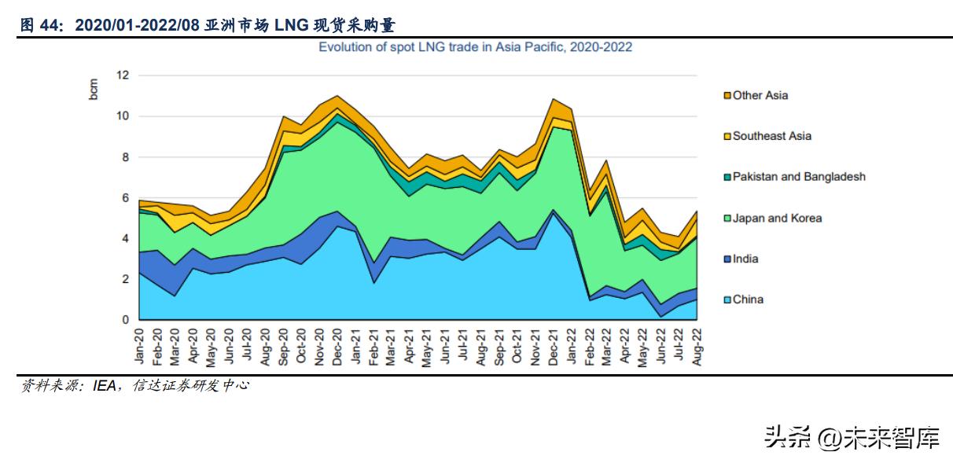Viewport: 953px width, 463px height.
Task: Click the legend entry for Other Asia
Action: tap(760, 95)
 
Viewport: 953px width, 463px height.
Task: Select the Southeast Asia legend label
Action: tap(771, 136)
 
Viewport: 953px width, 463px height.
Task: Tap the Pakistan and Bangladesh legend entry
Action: tap(798, 177)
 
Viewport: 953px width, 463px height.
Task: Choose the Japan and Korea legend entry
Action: tap(776, 218)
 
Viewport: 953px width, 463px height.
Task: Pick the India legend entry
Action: tap(747, 259)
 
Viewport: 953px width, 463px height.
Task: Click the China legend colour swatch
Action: tap(727, 299)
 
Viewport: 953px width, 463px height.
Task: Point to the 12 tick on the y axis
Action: tap(122, 75)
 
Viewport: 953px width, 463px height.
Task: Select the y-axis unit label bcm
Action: tap(94, 89)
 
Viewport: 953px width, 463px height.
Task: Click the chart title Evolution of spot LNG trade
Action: tap(475, 47)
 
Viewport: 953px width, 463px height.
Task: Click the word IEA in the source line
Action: tap(104, 385)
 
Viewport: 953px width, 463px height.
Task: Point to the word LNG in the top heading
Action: tap(290, 26)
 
